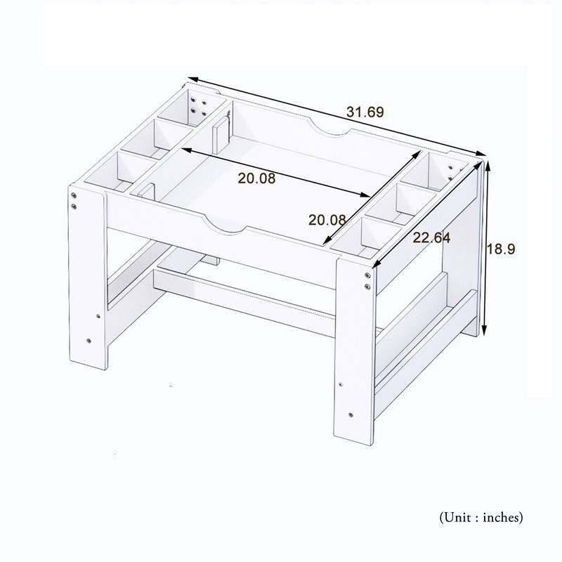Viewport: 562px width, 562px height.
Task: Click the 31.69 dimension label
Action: (365, 112)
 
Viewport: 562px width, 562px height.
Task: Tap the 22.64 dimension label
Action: (431, 238)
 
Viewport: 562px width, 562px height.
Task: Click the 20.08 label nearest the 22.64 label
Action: (327, 220)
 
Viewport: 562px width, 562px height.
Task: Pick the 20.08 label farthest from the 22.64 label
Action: (256, 178)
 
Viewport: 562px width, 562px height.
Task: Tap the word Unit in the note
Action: (457, 518)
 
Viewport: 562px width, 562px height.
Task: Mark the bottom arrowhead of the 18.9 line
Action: (485, 332)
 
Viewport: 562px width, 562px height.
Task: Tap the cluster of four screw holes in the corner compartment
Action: (198, 107)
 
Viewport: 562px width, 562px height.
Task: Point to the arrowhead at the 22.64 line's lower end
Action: (377, 264)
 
